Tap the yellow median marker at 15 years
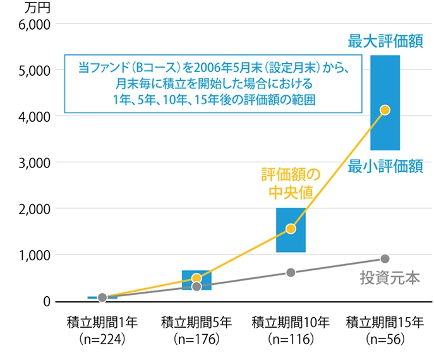click(385, 110)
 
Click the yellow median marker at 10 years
click(291, 229)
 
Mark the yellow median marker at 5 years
click(196, 279)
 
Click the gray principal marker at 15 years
click(385, 258)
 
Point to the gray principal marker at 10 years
click(291, 273)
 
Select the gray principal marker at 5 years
click(196, 287)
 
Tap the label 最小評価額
click(385, 165)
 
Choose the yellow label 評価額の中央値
click(291, 183)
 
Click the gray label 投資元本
click(390, 277)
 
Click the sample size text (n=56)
click(385, 339)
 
